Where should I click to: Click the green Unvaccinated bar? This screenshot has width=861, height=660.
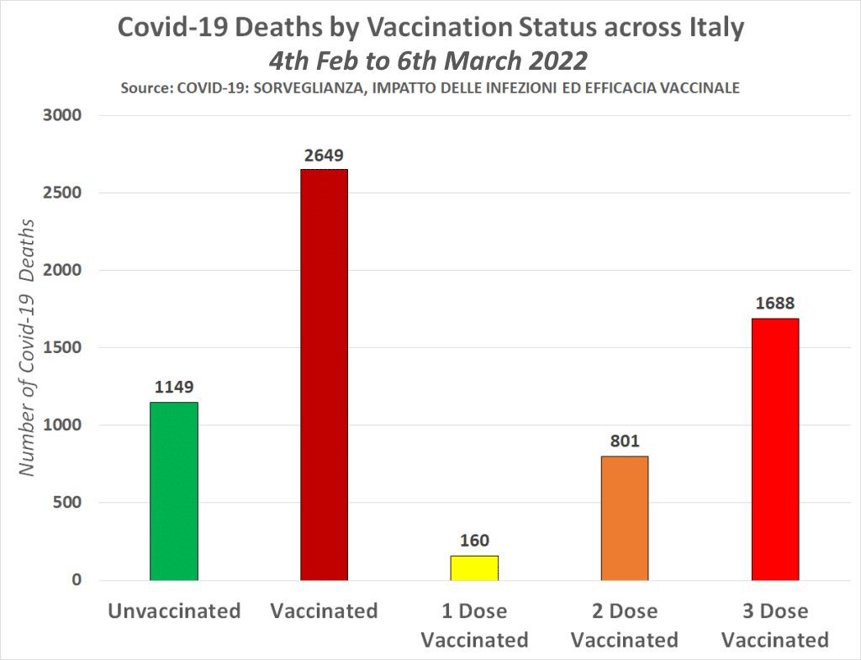(174, 491)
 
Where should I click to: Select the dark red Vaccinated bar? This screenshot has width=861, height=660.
(324, 375)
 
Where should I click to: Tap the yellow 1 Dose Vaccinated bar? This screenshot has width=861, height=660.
(474, 568)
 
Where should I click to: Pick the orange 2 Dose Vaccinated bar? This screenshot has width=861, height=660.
(624, 518)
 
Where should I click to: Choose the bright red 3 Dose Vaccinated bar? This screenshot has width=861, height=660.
(774, 449)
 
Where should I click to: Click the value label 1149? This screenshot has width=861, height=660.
(174, 388)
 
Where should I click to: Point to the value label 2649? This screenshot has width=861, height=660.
(324, 155)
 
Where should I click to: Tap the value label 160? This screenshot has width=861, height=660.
(474, 541)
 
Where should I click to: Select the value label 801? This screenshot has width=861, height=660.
(624, 441)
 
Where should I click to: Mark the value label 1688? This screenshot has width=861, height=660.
(774, 304)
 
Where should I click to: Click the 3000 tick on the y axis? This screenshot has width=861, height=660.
(61, 116)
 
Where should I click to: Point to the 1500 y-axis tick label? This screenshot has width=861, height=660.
(61, 348)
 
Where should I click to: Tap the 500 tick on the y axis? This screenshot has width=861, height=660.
(66, 503)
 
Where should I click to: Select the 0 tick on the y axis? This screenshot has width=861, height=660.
(76, 580)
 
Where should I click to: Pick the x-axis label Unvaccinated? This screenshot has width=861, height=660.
(174, 610)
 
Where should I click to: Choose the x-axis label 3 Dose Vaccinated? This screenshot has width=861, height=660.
(775, 625)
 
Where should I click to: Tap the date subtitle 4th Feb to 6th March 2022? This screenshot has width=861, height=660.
(428, 61)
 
